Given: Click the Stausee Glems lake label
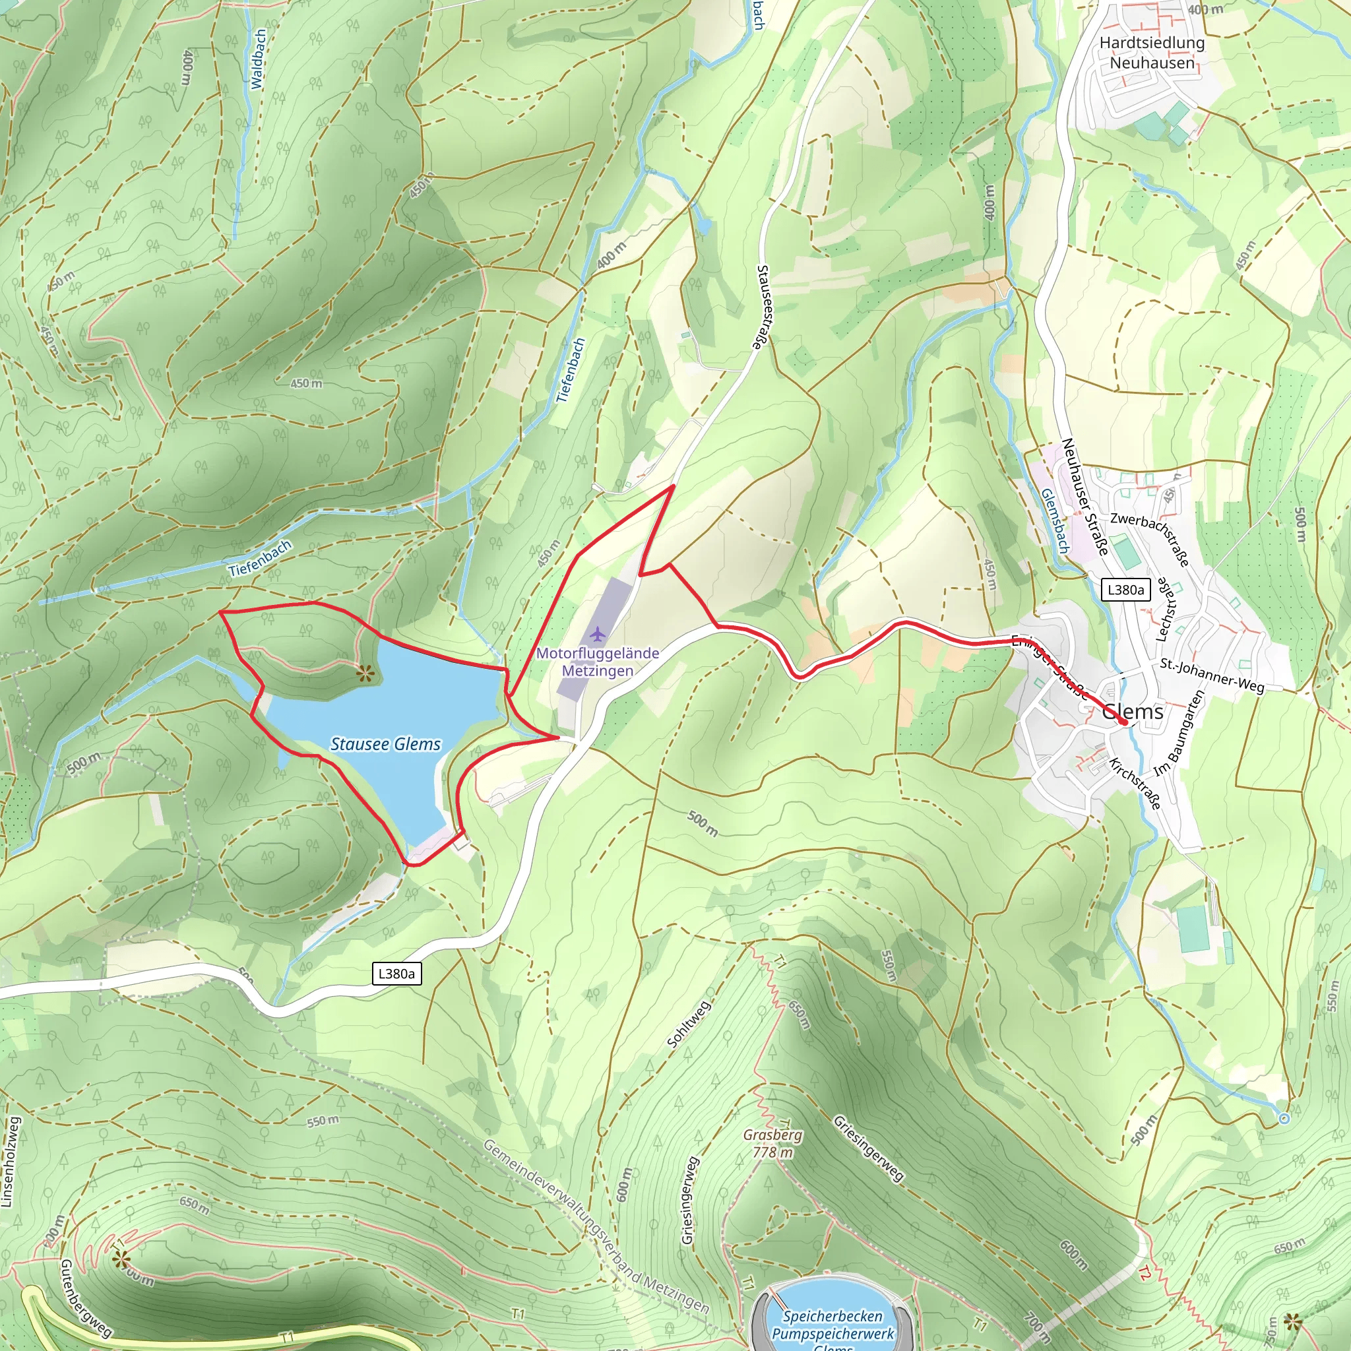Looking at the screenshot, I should (385, 744).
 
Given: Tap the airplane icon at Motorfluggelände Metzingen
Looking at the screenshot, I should (596, 634).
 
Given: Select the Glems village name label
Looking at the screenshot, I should (1132, 712).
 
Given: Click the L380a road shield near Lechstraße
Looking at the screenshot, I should (1125, 590).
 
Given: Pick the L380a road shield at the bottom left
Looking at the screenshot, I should (396, 974).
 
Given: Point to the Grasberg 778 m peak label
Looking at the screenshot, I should (772, 1143).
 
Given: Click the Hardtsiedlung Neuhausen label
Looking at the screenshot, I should (1152, 53).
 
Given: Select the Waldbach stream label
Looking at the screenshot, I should (258, 59).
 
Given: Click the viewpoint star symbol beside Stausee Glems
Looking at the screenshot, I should (364, 674).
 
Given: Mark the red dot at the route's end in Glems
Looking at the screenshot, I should (1123, 722).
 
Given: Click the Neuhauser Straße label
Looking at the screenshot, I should (1084, 497).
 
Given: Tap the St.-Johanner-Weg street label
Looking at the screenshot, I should (1212, 675).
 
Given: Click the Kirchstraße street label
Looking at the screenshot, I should (1135, 783).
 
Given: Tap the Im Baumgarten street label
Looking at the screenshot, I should (1179, 733).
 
